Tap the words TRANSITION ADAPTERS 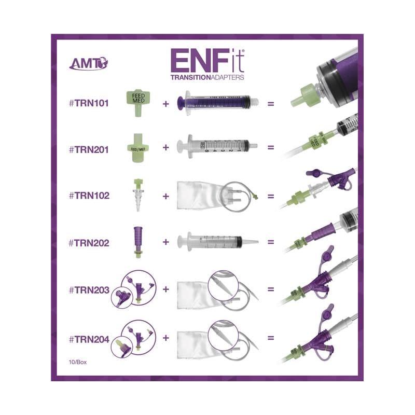click(207, 77)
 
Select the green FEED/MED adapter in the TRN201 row click(136, 147)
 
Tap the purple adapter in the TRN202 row click(137, 241)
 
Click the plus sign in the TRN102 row click(166, 197)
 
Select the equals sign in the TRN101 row click(270, 103)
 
